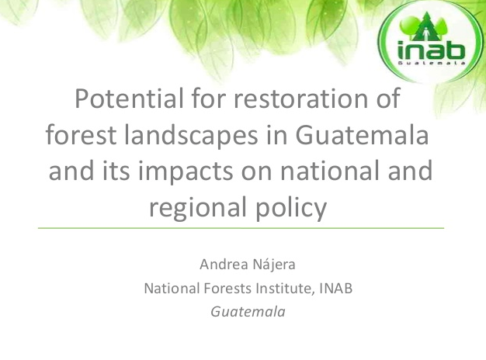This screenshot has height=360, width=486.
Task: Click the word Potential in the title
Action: (x=129, y=99)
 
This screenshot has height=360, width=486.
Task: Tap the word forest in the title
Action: (x=81, y=134)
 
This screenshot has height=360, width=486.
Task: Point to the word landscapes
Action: (x=191, y=135)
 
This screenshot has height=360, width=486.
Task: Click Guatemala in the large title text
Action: (x=363, y=134)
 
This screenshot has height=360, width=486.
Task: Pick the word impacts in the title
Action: (x=185, y=171)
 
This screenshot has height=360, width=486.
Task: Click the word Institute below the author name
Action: (x=286, y=289)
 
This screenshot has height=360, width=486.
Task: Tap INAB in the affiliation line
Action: (x=336, y=288)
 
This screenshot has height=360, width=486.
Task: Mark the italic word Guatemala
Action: (x=248, y=312)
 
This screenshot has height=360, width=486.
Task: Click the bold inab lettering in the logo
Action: (x=432, y=50)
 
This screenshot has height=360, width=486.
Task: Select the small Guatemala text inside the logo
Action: (x=432, y=63)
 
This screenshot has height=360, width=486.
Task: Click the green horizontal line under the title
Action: (x=241, y=228)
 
